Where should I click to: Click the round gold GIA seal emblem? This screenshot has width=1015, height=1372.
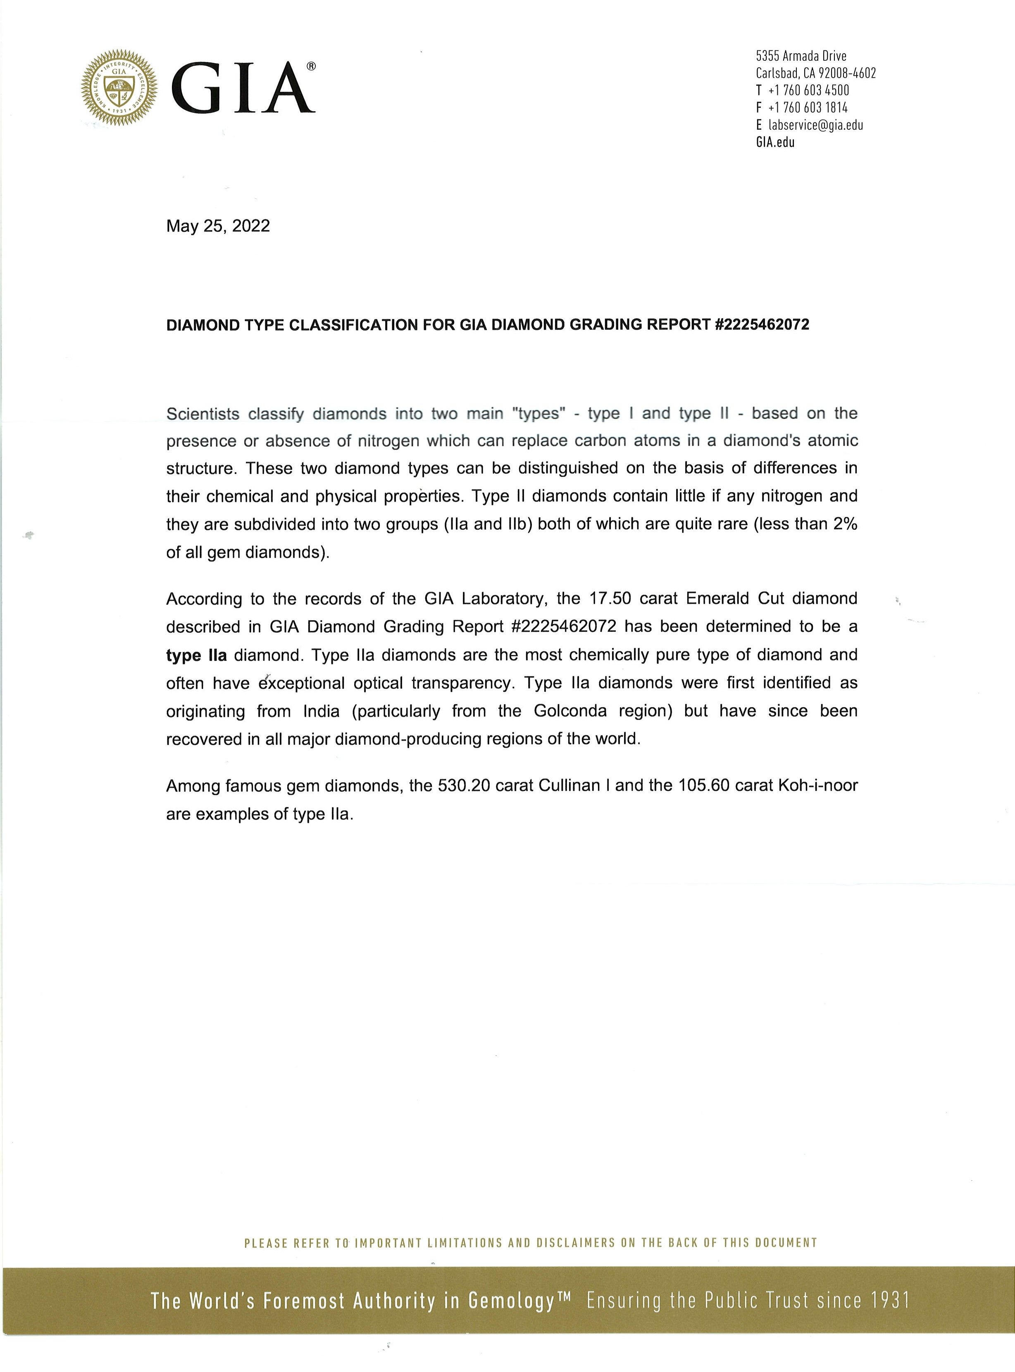pyautogui.click(x=119, y=89)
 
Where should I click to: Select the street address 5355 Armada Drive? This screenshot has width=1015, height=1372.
pyautogui.click(x=801, y=56)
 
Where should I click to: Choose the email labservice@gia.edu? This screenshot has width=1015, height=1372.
pyautogui.click(x=815, y=125)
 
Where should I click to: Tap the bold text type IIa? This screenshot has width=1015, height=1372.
pyautogui.click(x=196, y=655)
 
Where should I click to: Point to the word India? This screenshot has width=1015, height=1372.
pyautogui.click(x=321, y=711)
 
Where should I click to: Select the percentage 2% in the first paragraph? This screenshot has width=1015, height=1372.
pyautogui.click(x=846, y=524)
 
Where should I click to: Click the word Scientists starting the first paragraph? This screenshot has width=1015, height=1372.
pyautogui.click(x=203, y=414)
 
